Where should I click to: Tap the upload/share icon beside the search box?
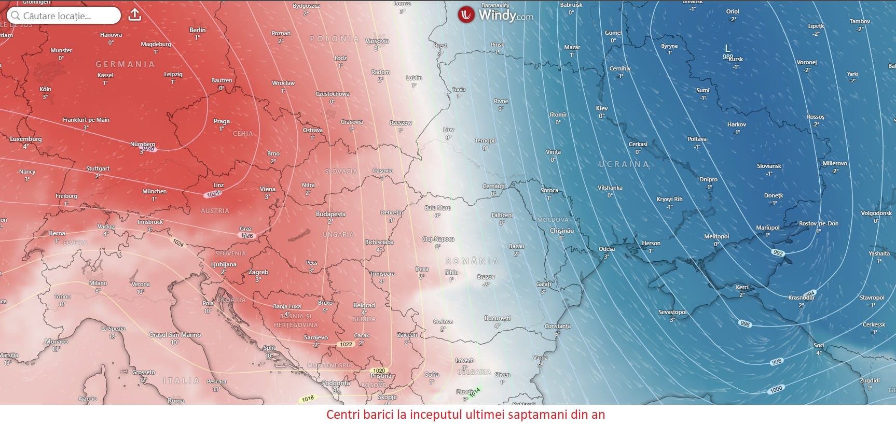point(135,15)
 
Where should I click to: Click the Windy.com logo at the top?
point(495,15)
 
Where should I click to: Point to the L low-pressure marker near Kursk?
point(727,48)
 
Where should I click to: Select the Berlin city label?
point(198,30)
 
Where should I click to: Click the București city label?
point(498,318)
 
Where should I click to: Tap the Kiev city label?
point(602,108)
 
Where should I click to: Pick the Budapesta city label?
point(330,214)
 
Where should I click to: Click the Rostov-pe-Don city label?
point(819,223)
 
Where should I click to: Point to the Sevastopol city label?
point(673,312)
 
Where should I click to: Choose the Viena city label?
point(268,189)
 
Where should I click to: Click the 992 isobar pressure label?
point(778,253)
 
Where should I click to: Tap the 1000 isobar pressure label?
point(776,389)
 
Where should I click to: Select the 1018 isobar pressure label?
point(308,399)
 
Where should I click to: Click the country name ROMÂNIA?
point(472,261)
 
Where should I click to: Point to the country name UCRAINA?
point(624,164)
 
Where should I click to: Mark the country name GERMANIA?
point(125,64)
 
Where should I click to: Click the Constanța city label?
point(557,326)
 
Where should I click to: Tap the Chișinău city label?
point(562,231)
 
